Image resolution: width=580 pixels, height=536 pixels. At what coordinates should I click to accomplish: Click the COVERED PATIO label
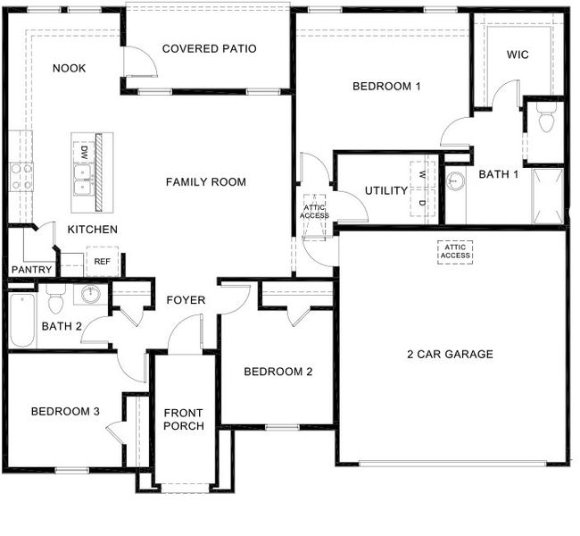pyautogui.click(x=209, y=48)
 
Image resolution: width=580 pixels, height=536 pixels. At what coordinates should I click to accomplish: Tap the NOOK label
pyautogui.click(x=69, y=68)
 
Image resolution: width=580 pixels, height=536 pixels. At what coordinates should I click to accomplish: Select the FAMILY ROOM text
pyautogui.click(x=205, y=182)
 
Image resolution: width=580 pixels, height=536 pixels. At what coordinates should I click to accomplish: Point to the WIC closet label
pyautogui.click(x=518, y=54)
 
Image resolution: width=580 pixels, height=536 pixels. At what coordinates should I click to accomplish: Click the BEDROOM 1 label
pyautogui.click(x=386, y=87)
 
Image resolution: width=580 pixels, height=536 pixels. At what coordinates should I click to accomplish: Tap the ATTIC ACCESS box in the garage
pyautogui.click(x=455, y=252)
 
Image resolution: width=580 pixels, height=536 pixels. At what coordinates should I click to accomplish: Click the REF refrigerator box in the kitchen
pyautogui.click(x=103, y=262)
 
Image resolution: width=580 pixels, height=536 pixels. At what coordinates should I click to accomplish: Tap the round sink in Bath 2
pyautogui.click(x=91, y=294)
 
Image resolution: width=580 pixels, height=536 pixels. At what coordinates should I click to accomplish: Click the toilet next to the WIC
pyautogui.click(x=547, y=117)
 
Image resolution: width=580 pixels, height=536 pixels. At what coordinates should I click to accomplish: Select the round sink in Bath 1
pyautogui.click(x=457, y=180)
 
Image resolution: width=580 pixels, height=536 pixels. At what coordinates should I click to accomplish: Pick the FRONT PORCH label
pyautogui.click(x=184, y=419)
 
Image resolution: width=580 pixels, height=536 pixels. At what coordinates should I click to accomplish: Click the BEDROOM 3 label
pyautogui.click(x=64, y=412)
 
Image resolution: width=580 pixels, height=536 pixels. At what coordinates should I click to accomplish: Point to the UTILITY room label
pyautogui.click(x=385, y=191)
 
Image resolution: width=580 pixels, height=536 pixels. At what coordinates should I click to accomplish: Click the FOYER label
pyautogui.click(x=186, y=300)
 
